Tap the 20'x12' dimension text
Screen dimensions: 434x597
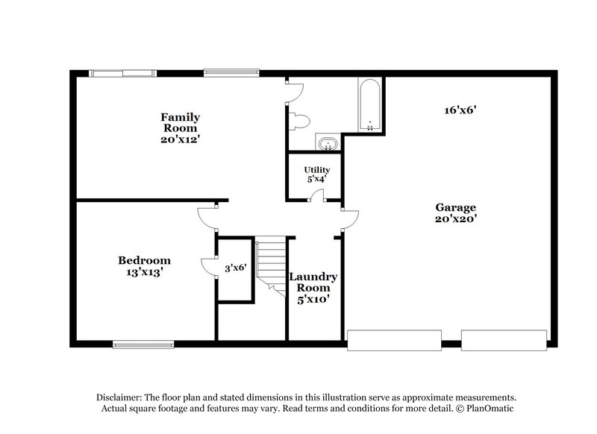(181, 139)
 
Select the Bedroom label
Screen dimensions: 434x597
(144, 260)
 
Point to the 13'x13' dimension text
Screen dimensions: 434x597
(144, 273)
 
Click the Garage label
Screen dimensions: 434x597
(456, 207)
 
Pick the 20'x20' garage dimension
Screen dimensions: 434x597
(456, 219)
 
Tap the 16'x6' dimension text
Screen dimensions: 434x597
(460, 110)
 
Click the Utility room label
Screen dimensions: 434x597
(316, 170)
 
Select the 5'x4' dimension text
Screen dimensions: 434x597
(316, 180)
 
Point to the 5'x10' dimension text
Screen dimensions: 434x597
(313, 299)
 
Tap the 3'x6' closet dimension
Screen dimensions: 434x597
(235, 266)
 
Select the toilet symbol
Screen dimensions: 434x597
(301, 121)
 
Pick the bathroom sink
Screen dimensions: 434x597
(326, 144)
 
